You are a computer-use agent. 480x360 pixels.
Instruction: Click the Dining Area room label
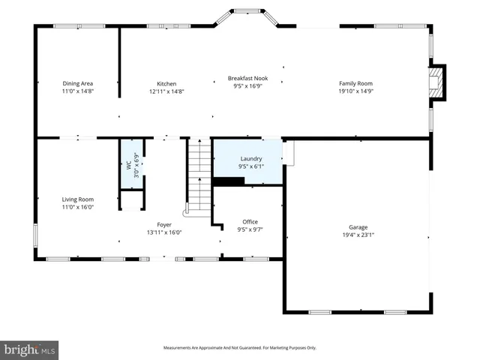click(x=77, y=84)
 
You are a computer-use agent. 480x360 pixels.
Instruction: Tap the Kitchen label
click(x=166, y=84)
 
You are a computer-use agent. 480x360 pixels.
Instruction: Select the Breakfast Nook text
click(x=247, y=78)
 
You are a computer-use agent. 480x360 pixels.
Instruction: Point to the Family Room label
click(x=355, y=84)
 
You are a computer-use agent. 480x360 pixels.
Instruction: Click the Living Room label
click(x=77, y=199)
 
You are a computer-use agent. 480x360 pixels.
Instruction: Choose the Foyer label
click(x=163, y=224)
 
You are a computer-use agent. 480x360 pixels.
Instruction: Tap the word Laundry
click(x=250, y=159)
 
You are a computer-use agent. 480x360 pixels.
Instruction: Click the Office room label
click(x=250, y=222)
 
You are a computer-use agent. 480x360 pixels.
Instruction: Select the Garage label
click(x=358, y=227)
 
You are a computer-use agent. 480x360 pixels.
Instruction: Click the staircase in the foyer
click(x=199, y=175)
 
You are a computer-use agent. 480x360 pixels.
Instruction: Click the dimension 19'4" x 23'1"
click(x=358, y=235)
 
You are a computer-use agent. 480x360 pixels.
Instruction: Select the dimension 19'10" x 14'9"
click(x=355, y=91)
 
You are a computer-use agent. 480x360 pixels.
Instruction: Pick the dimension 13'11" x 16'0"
click(x=163, y=232)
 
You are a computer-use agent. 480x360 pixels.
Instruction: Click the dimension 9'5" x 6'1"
click(x=250, y=166)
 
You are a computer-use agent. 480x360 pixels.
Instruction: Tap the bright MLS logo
click(x=30, y=349)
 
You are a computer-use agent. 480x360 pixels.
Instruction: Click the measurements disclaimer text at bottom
click(x=240, y=348)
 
